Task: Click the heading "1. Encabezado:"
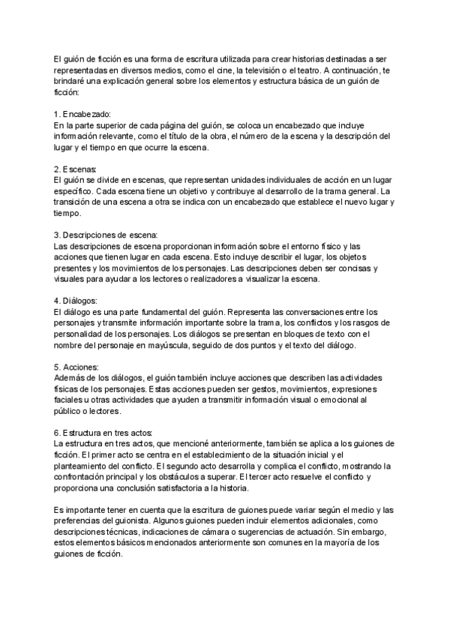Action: pos(83,113)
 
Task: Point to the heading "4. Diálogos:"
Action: pos(76,301)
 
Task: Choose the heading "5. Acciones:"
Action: pos(76,367)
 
